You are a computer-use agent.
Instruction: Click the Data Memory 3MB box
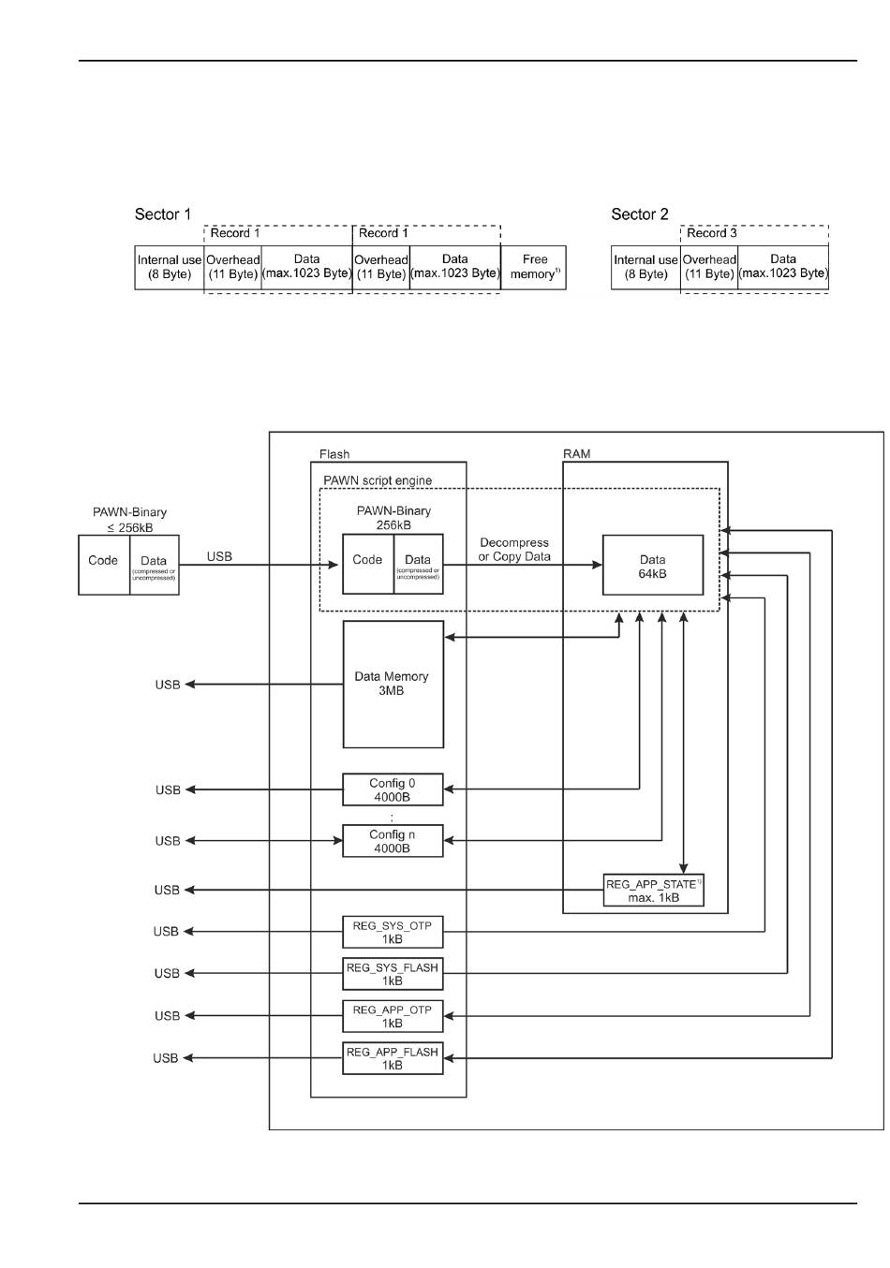tap(393, 684)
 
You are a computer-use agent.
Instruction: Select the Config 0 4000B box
tap(393, 790)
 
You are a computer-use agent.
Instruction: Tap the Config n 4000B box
tap(393, 841)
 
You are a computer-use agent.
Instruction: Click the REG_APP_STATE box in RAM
tap(653, 891)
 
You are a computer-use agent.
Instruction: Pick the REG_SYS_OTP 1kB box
tap(393, 932)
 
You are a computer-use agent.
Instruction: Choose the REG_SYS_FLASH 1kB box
tap(393, 974)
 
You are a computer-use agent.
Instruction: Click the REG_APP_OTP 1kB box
tap(393, 1016)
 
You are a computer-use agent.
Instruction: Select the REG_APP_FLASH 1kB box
tap(393, 1058)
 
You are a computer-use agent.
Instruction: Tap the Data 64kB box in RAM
tap(652, 565)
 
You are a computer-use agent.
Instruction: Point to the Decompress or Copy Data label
tap(513, 550)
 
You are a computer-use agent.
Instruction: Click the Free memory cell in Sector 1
tap(534, 267)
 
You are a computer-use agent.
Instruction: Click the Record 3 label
tap(712, 233)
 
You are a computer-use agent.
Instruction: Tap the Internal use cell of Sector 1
tap(170, 267)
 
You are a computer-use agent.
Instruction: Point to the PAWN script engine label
tap(378, 480)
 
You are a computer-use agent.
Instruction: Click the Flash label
tap(334, 454)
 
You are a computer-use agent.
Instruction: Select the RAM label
tap(576, 454)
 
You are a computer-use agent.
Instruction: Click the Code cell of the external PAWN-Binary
tap(103, 561)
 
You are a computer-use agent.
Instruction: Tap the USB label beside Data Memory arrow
tap(168, 685)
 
